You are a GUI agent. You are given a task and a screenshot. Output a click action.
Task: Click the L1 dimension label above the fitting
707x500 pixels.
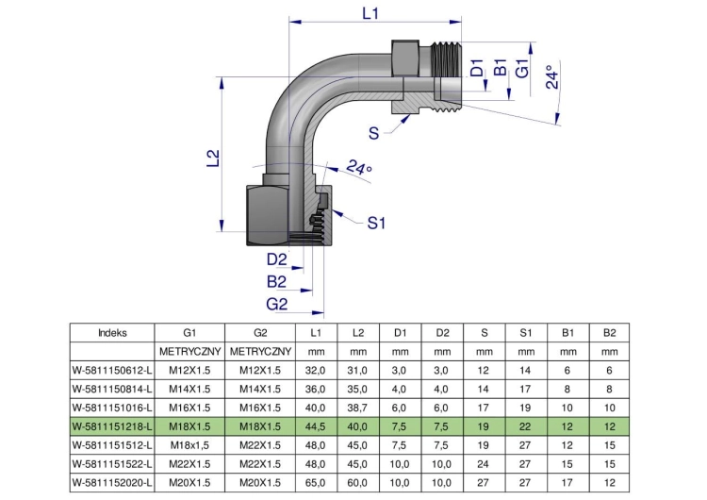(x=370, y=13)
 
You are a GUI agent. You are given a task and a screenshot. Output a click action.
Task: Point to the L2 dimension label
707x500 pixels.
(x=213, y=158)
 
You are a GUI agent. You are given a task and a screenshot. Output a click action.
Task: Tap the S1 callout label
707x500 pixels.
(x=376, y=223)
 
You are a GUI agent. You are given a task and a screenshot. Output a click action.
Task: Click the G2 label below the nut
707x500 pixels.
(x=276, y=304)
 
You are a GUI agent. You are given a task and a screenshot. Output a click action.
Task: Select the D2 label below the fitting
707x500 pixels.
(x=276, y=259)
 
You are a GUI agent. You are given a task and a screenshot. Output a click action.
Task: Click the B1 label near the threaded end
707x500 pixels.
(x=500, y=68)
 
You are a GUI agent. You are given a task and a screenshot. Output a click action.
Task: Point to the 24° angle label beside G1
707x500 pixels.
(x=551, y=76)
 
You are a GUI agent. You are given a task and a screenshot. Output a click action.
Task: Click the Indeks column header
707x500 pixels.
(x=112, y=333)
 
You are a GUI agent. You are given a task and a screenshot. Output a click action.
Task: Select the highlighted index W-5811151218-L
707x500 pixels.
(x=112, y=426)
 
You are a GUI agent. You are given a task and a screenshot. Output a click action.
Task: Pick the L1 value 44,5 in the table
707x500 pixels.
(x=315, y=426)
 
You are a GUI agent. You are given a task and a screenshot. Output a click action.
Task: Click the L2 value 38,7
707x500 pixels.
(x=357, y=408)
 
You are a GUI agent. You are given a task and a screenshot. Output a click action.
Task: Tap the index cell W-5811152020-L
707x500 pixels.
(x=112, y=482)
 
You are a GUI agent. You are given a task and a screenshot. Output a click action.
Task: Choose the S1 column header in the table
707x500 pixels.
(x=526, y=333)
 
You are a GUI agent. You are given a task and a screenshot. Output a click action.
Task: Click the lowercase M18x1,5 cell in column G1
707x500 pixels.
(x=189, y=445)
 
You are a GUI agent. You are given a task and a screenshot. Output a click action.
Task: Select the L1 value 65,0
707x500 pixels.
(x=315, y=482)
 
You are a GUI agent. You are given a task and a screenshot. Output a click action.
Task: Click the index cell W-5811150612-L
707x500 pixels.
(x=112, y=371)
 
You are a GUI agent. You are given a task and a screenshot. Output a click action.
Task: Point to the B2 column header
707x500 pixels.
(x=609, y=333)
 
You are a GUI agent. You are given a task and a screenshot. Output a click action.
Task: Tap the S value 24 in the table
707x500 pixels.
(x=484, y=464)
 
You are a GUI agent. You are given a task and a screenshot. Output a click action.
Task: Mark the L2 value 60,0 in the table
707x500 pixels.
(x=357, y=482)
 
